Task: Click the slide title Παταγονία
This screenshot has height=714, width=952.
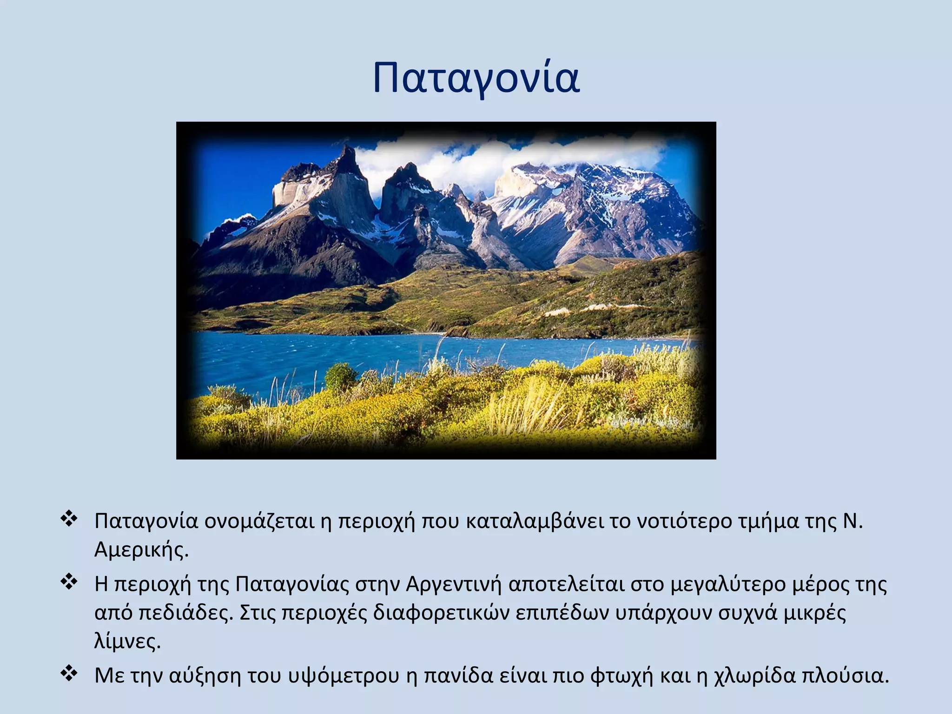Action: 476,78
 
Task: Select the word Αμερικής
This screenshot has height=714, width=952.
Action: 141,550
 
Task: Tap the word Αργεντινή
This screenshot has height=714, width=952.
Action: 454,584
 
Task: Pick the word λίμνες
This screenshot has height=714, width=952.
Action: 127,642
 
